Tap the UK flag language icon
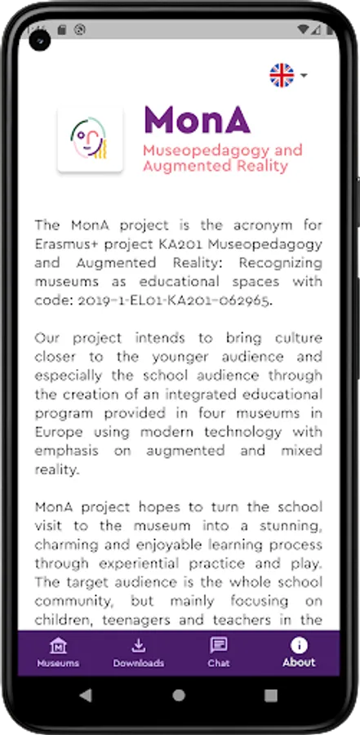coord(282,75)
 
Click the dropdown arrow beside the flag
coord(304,76)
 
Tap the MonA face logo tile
coord(91,140)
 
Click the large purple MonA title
coord(197,120)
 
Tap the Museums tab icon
coord(58,645)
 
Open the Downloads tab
coord(138,645)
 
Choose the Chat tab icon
coord(218,645)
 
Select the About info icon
coord(299,644)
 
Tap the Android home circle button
coord(180,696)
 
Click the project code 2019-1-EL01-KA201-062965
coord(181,301)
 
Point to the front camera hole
coord(38,38)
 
